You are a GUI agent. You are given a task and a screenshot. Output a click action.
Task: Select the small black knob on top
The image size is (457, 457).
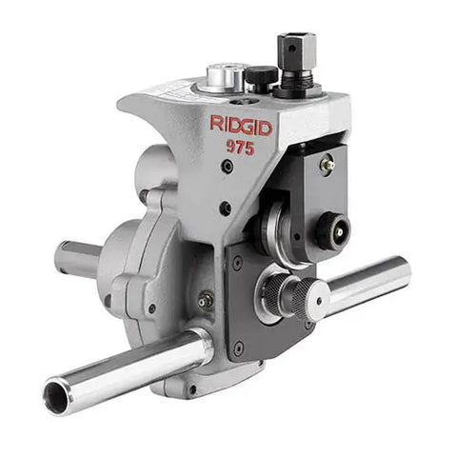click(x=259, y=76)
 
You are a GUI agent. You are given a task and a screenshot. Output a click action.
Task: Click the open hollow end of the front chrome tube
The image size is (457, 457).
click(x=57, y=396)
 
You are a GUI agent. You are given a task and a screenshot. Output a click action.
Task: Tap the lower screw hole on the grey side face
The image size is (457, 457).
click(x=224, y=209)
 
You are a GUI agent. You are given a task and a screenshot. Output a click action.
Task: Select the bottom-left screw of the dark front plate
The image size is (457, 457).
click(x=238, y=346)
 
